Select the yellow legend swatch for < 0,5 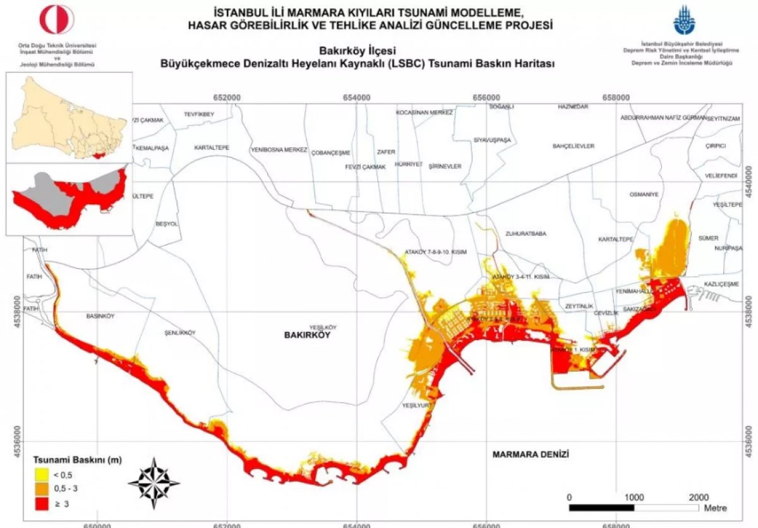(x=41, y=475)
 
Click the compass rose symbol (x=153, y=483)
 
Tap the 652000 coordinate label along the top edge (x=227, y=97)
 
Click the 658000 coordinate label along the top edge (x=616, y=97)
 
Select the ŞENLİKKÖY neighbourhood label (x=180, y=333)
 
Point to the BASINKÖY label (x=100, y=316)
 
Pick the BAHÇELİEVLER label (x=574, y=146)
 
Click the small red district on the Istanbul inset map (x=98, y=154)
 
